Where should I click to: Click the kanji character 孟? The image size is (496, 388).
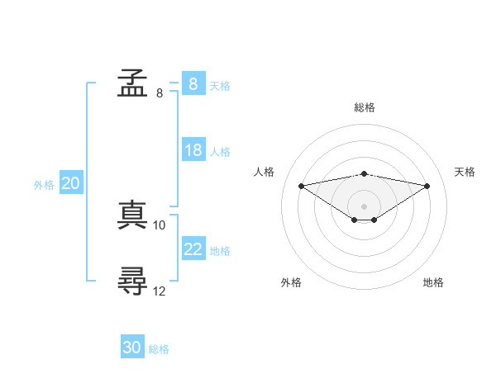click(132, 83)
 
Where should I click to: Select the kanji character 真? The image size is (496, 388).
click(132, 215)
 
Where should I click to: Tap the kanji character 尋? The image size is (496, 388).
click(132, 281)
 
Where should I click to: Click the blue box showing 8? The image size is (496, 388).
click(193, 83)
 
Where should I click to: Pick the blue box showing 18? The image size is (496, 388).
click(193, 149)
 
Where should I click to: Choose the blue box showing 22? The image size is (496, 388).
click(193, 248)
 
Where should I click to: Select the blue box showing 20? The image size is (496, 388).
click(71, 182)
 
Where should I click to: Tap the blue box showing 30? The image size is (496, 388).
click(132, 346)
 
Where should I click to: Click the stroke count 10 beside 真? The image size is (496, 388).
click(159, 225)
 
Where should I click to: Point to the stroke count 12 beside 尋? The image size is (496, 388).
click(159, 291)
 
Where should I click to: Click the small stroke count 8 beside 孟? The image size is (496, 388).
click(160, 93)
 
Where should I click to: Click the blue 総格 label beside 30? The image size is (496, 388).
click(159, 349)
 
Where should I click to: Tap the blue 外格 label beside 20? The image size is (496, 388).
click(44, 185)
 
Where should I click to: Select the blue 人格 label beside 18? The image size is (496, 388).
click(220, 152)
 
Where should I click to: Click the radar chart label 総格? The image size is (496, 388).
click(365, 107)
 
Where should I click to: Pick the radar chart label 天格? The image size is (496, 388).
click(465, 172)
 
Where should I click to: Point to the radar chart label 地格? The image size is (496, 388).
click(433, 282)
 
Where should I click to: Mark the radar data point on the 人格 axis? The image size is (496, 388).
click(301, 186)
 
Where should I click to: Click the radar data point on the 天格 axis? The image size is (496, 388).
click(427, 186)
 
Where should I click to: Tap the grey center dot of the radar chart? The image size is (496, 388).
click(364, 206)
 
